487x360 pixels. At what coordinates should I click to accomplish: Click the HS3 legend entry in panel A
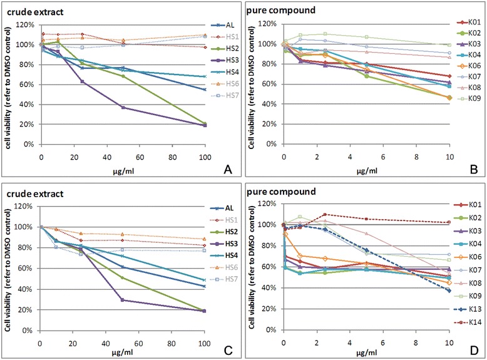(x=216, y=61)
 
